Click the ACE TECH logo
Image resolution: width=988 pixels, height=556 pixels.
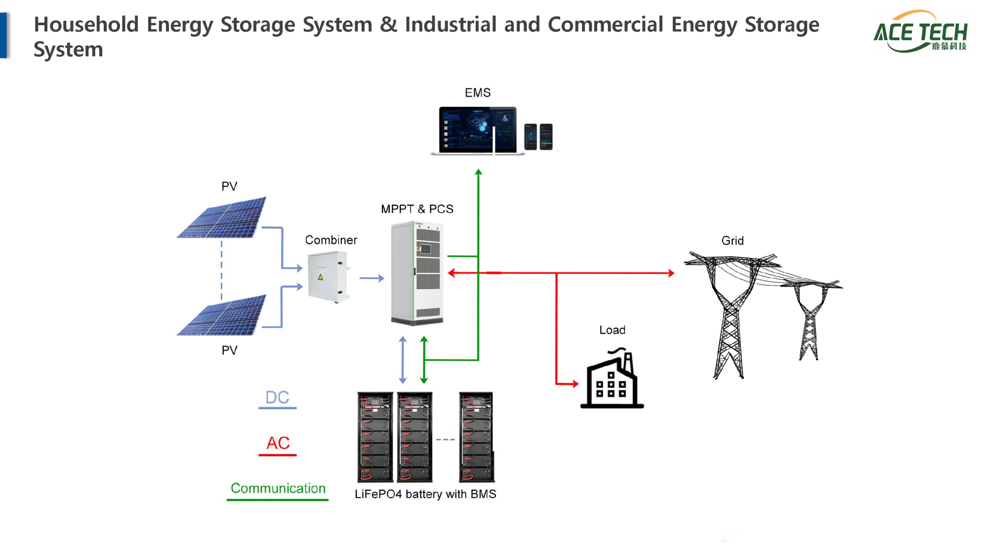point(921,32)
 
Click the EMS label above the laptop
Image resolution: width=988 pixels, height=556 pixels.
point(477,93)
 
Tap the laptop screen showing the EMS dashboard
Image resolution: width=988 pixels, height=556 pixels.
point(477,129)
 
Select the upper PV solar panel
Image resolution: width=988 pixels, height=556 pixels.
point(223,217)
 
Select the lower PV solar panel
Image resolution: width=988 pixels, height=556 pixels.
point(223,315)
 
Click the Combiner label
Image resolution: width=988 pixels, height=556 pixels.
point(330,240)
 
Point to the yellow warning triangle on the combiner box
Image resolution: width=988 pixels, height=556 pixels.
point(320,277)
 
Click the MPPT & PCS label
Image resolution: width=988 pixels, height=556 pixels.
point(417,209)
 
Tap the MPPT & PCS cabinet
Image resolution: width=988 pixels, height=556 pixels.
point(417,273)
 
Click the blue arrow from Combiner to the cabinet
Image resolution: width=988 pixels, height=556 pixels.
point(371,278)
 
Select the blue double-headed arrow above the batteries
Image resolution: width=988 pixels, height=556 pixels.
point(403,360)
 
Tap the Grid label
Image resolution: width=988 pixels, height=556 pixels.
point(732,241)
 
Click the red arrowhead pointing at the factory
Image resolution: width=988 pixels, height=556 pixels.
point(574,384)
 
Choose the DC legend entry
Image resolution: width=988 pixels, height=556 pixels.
point(277,398)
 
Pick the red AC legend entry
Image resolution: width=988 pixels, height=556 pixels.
point(278,443)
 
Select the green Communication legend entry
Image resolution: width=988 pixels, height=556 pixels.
point(278,489)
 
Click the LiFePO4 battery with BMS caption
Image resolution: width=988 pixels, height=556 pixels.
point(425,494)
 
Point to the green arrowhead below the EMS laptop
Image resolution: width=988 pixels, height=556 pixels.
point(478,172)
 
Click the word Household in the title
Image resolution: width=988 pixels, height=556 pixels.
point(86,25)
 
